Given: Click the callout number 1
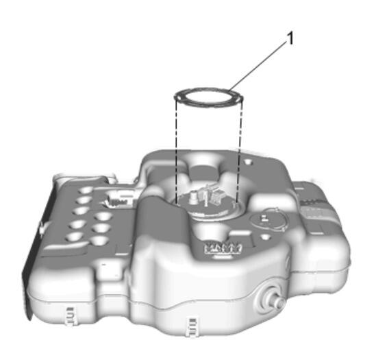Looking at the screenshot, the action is pyautogui.click(x=290, y=38).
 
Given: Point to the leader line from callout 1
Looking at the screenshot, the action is pyautogui.click(x=258, y=66).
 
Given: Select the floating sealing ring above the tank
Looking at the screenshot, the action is pyautogui.click(x=209, y=97).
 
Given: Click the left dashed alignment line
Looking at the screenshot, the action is pyautogui.click(x=176, y=152).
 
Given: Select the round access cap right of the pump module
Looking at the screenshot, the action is pyautogui.click(x=268, y=220).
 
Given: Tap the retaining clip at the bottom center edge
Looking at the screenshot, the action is pyautogui.click(x=192, y=327).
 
